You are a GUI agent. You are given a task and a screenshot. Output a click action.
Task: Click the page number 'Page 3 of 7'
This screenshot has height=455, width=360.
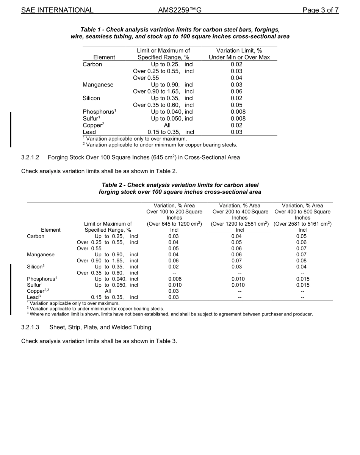(320, 10)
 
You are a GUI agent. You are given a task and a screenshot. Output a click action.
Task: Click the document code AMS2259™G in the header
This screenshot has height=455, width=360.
(179, 10)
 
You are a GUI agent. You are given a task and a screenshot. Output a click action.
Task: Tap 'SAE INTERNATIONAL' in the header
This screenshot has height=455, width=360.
(57, 10)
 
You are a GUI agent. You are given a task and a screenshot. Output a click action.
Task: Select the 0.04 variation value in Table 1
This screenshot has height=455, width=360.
(236, 78)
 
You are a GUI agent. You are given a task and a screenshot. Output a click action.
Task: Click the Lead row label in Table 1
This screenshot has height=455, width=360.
(89, 132)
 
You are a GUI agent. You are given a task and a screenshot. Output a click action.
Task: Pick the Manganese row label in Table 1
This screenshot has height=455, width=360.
(98, 85)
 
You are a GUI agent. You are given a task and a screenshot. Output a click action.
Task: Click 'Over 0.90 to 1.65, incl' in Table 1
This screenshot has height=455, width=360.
(163, 91)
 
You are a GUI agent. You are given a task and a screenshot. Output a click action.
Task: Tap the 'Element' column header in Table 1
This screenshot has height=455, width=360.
(104, 57)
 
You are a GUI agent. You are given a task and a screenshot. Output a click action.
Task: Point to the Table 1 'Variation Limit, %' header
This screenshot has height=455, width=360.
(239, 50)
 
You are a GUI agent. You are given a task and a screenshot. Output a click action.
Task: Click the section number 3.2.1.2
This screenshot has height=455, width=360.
(33, 157)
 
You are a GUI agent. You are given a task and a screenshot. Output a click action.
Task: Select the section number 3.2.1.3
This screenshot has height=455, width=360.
(33, 327)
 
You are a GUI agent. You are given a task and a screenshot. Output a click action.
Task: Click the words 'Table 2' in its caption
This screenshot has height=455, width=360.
(113, 185)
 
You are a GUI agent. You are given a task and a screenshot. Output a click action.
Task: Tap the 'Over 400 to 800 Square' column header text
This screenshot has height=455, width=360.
(302, 212)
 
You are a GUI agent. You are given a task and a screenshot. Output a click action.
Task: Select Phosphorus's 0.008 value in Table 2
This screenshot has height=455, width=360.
(174, 279)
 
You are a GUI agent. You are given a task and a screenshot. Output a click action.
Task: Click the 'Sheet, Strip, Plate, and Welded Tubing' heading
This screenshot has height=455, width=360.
(100, 327)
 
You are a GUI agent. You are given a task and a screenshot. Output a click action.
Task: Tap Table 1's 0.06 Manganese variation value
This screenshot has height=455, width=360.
(236, 91)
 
